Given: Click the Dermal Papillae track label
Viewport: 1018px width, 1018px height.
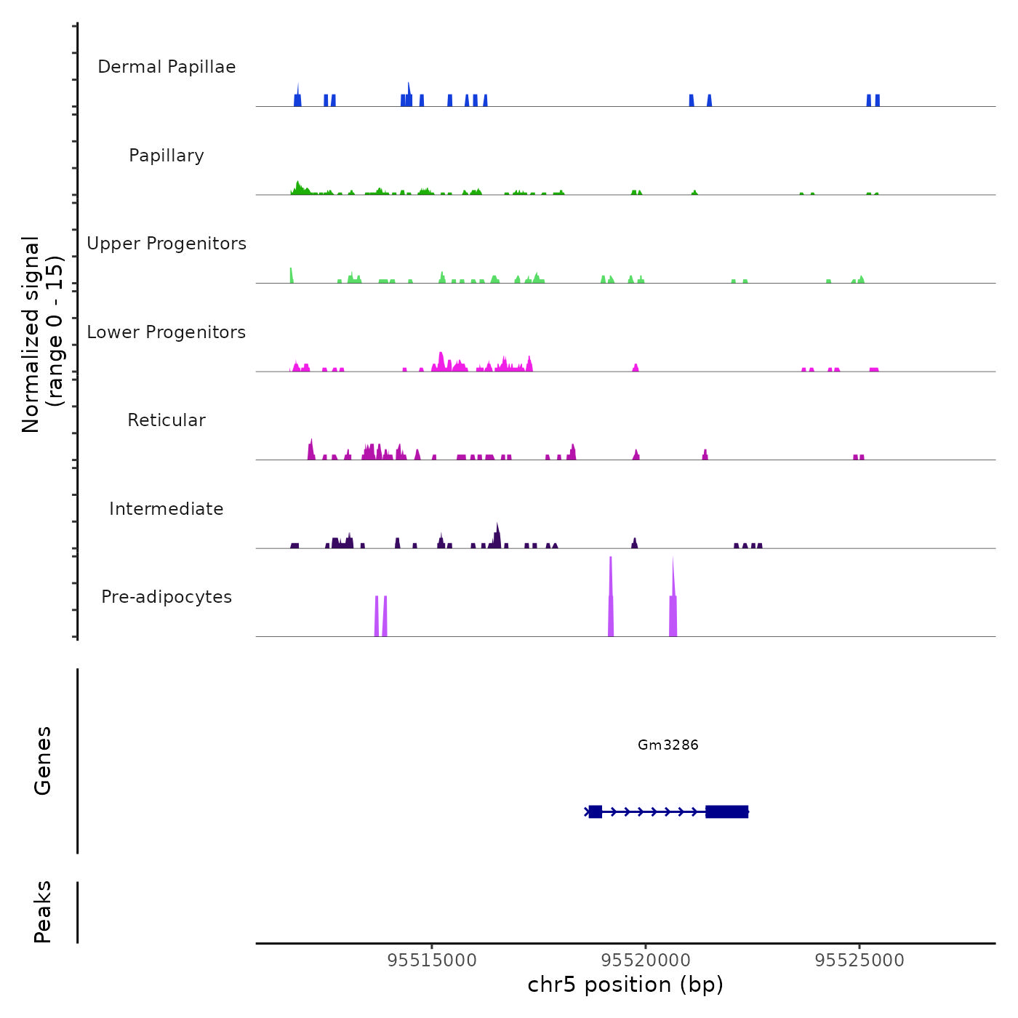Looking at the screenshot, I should (167, 67).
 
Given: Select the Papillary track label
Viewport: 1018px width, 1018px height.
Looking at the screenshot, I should (167, 156).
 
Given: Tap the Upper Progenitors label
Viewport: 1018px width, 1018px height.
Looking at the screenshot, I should (167, 244).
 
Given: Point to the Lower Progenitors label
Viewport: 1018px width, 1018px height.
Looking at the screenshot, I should (167, 332).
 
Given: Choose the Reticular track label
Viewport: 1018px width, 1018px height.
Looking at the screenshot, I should (167, 420).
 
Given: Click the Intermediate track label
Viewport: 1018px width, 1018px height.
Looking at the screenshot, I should (167, 509).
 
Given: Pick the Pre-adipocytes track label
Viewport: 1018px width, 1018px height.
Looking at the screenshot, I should (167, 597).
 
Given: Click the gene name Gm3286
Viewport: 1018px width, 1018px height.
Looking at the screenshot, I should (668, 745).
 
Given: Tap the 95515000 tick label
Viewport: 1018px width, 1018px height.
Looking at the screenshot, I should (433, 960).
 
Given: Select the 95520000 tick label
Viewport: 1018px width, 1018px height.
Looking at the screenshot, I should (646, 960).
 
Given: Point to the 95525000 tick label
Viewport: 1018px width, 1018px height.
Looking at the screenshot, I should (859, 960).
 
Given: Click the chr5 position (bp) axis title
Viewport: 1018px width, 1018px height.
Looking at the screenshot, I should (625, 985).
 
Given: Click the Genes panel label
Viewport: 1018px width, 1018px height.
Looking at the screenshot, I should (43, 760).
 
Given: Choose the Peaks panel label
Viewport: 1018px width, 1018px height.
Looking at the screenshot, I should (43, 911).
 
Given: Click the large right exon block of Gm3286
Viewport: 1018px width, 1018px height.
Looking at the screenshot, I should (726, 811).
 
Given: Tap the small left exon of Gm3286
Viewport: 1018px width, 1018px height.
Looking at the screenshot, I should (596, 811).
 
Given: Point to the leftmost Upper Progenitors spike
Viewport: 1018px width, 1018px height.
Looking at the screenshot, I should (292, 275).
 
